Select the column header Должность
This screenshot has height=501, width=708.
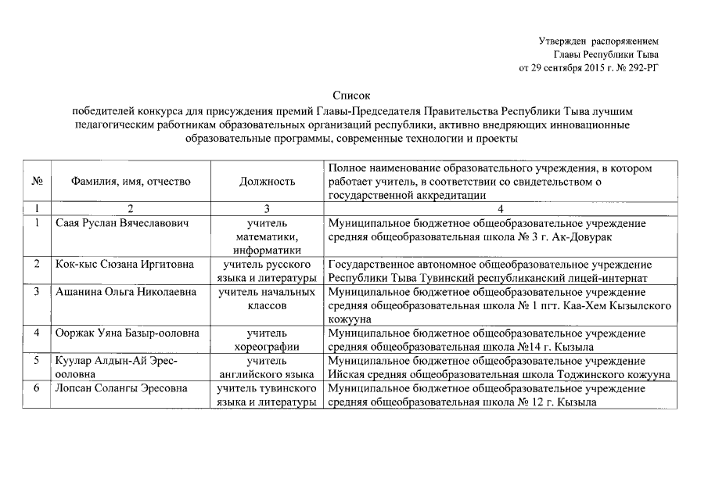coord(268,182)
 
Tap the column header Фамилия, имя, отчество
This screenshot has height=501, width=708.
coord(131,182)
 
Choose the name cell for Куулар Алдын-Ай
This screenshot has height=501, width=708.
coord(117,368)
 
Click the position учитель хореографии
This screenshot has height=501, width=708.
coord(268,341)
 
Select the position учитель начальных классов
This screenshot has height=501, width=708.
coord(268,299)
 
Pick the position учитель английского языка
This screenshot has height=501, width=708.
coord(268,368)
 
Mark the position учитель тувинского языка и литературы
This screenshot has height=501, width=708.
coord(268,395)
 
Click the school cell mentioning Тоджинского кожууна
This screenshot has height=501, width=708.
coord(498,368)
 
